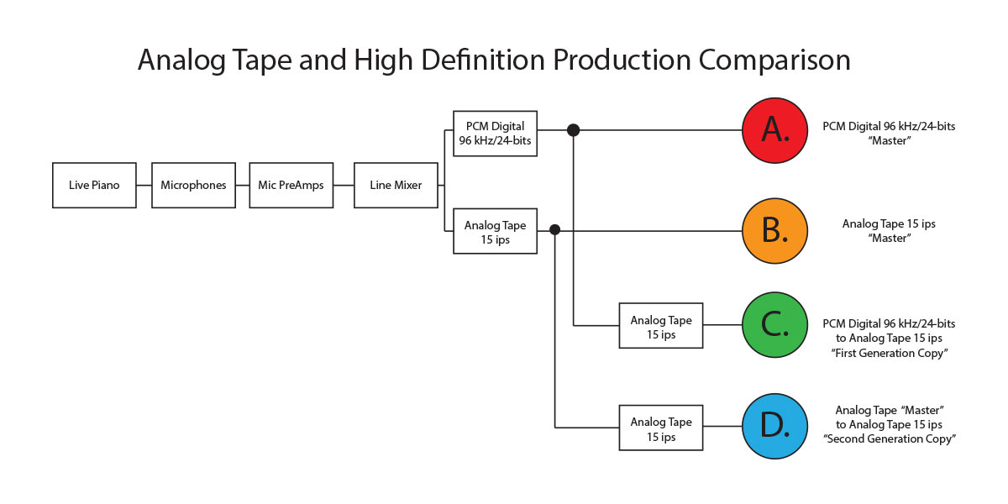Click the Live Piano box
94,185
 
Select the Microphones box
193,185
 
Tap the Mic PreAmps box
291,185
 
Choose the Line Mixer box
396,185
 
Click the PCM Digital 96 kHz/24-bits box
495,134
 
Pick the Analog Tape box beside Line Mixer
495,231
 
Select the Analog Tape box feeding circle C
661,325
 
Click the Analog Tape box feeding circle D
661,428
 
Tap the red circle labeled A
774,130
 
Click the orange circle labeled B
774,231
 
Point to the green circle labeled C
774,325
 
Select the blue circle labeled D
774,426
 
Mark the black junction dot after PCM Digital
573,130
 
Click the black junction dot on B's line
555,230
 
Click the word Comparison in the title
774,60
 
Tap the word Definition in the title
483,59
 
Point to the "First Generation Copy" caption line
890,354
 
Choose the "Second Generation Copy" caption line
890,439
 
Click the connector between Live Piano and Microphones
144,185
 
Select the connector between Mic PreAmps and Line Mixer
344,185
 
